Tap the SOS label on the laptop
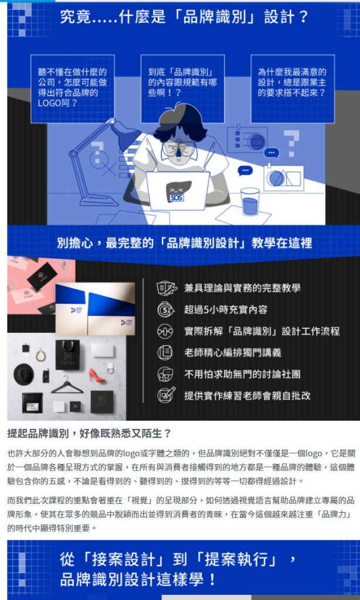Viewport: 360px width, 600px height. [176, 197]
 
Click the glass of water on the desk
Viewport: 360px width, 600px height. [250, 202]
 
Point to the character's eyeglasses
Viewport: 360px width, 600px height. [179, 148]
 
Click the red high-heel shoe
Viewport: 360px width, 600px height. [97, 376]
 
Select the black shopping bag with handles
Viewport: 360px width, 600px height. [67, 354]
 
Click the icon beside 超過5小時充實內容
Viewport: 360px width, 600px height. [166, 309]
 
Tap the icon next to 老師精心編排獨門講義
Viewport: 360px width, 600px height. [166, 353]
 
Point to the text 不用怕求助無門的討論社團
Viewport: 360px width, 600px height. [242, 374]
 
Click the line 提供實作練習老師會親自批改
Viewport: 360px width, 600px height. [247, 396]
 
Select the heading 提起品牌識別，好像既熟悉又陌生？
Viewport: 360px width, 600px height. [89, 434]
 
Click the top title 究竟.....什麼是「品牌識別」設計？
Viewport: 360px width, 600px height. [184, 16]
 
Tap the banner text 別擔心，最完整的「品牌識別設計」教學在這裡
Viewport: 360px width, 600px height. [184, 243]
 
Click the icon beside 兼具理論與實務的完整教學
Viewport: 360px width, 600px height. [166, 288]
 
